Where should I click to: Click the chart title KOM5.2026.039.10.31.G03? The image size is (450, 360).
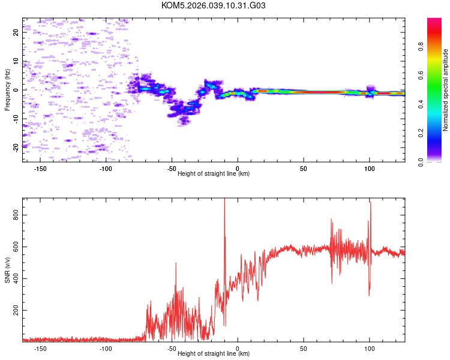(x=214, y=5)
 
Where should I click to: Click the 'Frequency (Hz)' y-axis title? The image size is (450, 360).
(x=7, y=90)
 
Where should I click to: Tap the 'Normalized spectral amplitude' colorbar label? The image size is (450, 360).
(x=446, y=90)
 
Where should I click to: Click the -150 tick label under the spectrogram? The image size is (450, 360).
(x=40, y=168)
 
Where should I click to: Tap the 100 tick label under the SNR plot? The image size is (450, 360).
(x=370, y=348)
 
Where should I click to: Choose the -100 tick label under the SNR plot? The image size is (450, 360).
(x=106, y=348)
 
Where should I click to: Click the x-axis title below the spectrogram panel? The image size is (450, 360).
(x=214, y=174)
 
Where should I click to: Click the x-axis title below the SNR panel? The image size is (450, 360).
(x=214, y=354)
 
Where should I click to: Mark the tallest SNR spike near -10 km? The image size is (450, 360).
(x=224, y=199)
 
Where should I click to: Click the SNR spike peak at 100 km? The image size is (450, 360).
(x=371, y=203)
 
